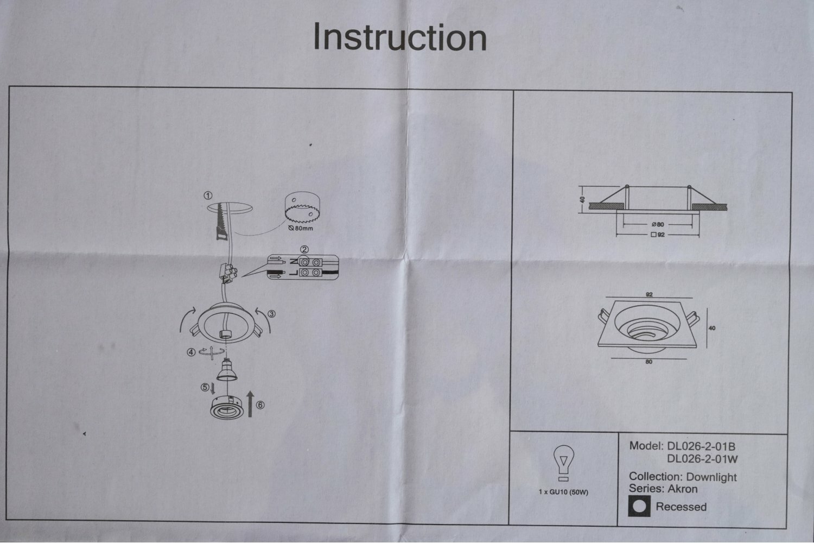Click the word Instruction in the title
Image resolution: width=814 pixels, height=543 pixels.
(x=400, y=37)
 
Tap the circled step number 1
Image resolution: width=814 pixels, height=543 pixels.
(x=208, y=195)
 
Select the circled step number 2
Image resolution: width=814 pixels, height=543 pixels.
(x=305, y=250)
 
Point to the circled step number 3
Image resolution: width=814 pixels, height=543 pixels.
(x=272, y=314)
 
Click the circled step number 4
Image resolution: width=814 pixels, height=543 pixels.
(x=190, y=352)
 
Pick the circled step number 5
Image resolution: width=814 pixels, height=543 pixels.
(x=205, y=387)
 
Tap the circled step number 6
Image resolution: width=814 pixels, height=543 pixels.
(x=260, y=405)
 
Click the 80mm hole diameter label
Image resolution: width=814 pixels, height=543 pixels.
(x=302, y=228)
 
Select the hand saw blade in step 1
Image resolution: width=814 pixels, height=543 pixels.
(x=220, y=223)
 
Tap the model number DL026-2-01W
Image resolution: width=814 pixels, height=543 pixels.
(x=702, y=459)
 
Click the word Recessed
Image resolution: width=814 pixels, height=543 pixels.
(x=681, y=507)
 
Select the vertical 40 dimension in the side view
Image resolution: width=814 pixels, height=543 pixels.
(x=583, y=199)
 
